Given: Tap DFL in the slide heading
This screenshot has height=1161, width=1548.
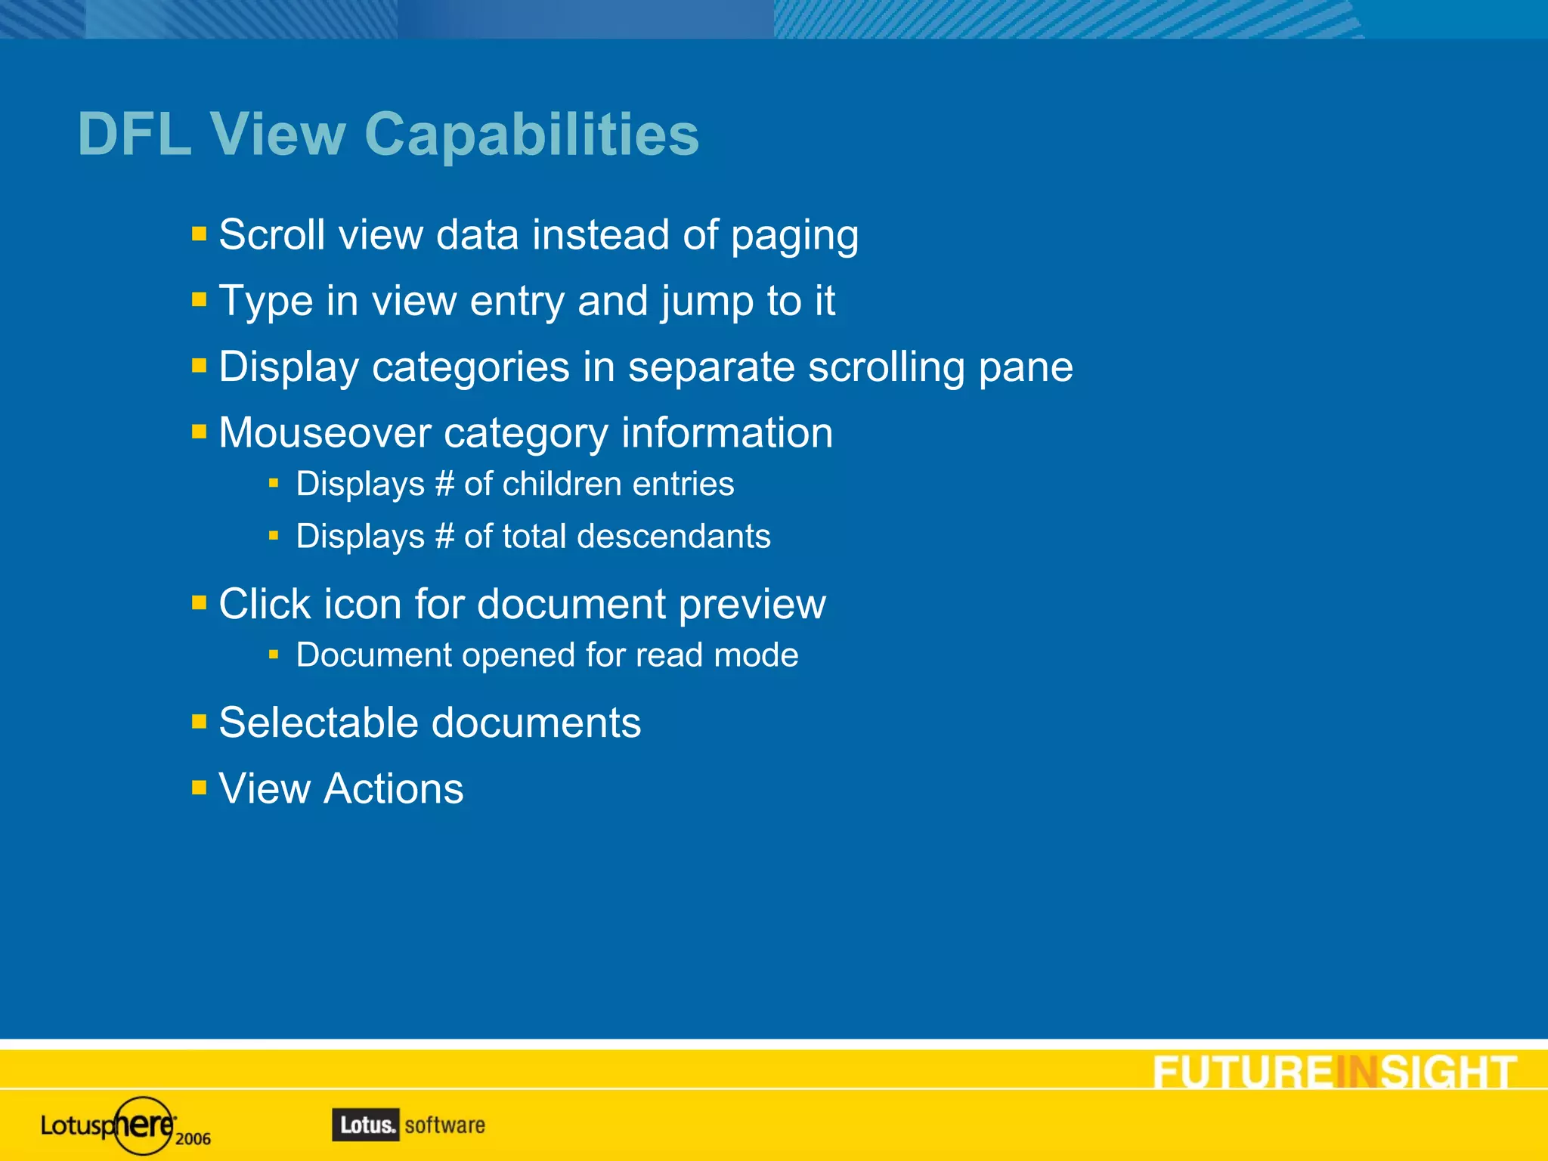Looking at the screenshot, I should click(x=135, y=135).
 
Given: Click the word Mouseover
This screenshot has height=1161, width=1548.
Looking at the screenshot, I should click(x=324, y=433).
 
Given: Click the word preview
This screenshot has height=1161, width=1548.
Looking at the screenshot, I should click(x=752, y=605).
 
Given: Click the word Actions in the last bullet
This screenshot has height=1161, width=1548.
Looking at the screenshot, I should click(x=393, y=789).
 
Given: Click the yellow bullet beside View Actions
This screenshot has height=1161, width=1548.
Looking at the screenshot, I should click(x=200, y=788).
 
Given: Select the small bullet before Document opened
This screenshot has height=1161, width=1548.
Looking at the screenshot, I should click(x=274, y=654).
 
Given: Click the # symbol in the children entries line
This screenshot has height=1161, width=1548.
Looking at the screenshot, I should click(x=444, y=485).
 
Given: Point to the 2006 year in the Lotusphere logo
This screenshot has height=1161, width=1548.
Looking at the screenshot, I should click(x=193, y=1139).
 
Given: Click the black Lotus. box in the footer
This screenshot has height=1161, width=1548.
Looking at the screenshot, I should click(x=366, y=1125).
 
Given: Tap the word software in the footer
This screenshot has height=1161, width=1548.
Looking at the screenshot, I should click(x=445, y=1125).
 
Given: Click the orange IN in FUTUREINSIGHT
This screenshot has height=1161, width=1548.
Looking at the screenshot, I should click(x=1357, y=1073).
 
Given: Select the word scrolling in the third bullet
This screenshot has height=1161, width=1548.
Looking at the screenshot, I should click(x=887, y=368).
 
